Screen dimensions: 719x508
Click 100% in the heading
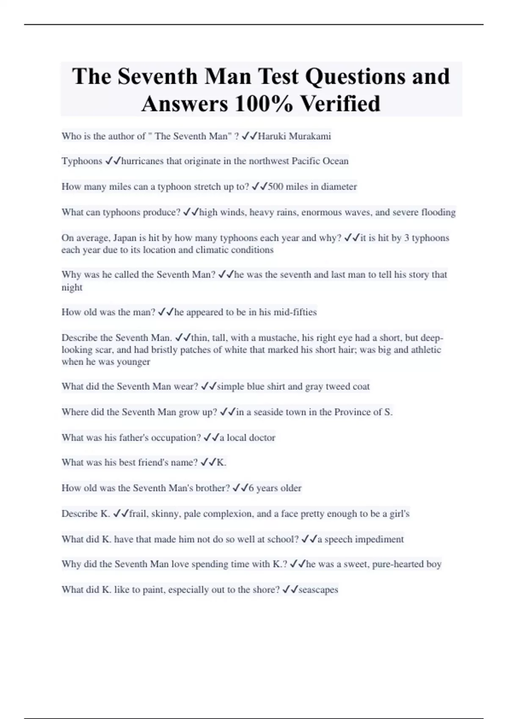click(263, 104)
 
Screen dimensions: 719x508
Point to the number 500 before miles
click(276, 187)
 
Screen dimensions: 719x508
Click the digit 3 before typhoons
click(406, 238)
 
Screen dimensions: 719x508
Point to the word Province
click(352, 412)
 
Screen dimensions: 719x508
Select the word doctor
click(262, 437)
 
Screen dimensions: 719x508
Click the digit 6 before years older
click(251, 488)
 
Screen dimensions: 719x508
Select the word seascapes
click(318, 590)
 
